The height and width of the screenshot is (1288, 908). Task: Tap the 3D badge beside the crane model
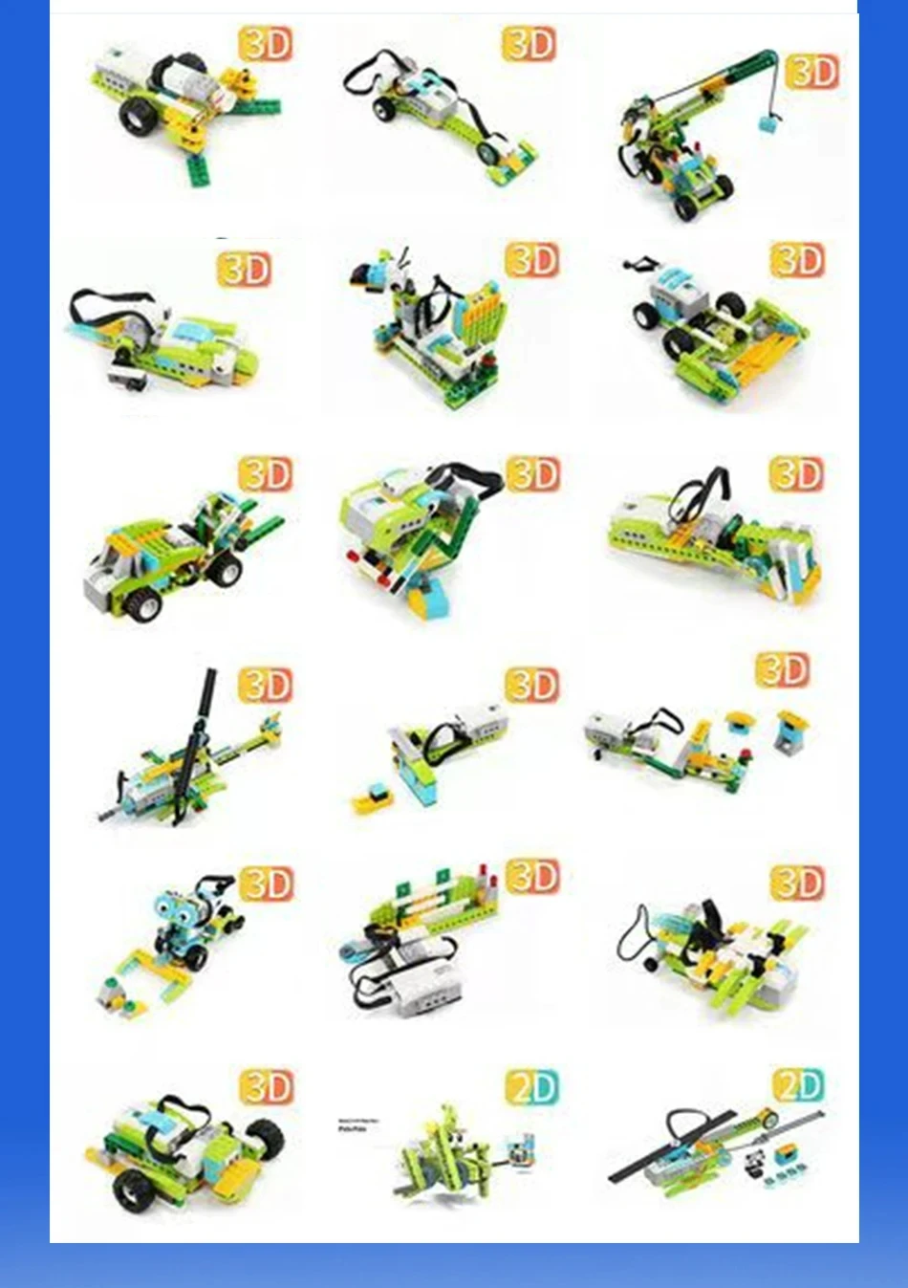[811, 72]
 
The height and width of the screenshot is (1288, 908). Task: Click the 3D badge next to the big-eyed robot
[266, 884]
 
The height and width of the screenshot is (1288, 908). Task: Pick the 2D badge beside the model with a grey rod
[797, 1086]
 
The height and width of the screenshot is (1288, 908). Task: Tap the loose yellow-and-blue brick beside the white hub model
[370, 799]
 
